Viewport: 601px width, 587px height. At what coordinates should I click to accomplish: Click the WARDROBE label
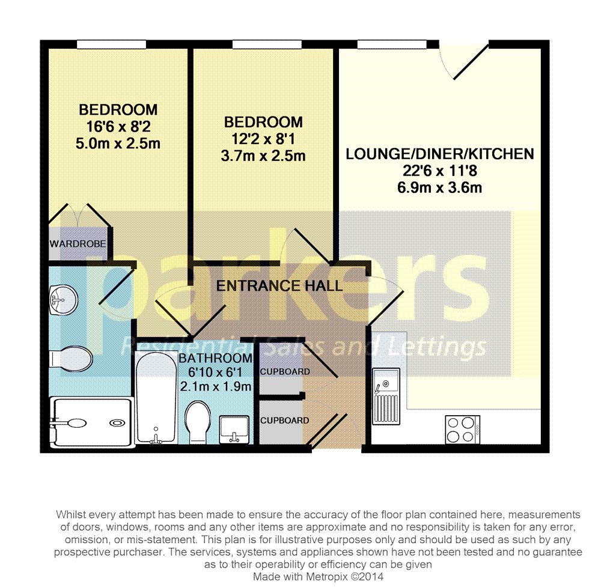click(78, 244)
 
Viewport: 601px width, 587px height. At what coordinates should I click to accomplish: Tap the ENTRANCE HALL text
click(279, 285)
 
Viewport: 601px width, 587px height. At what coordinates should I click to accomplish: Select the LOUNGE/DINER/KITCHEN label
click(439, 154)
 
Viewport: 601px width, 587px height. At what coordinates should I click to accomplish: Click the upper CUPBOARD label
click(285, 371)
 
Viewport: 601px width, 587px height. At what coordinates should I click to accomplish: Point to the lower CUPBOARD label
click(285, 420)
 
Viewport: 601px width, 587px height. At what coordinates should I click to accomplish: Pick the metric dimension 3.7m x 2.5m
click(264, 156)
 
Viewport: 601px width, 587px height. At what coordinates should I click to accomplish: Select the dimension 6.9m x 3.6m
click(439, 187)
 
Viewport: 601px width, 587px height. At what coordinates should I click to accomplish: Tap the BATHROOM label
click(215, 358)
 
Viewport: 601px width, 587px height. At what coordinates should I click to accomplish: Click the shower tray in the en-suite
click(90, 424)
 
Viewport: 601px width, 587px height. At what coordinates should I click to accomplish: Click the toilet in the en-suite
click(72, 359)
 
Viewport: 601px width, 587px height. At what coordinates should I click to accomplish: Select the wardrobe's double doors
click(79, 214)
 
